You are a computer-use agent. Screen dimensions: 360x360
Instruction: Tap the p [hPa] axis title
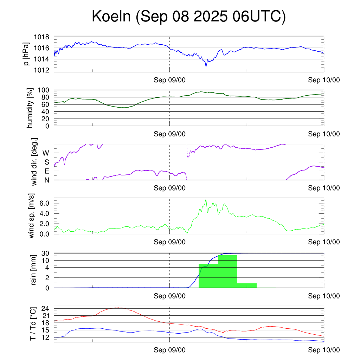pos(27,54)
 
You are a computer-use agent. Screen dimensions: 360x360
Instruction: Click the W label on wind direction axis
pos(46,153)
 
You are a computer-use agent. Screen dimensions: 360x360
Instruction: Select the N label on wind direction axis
pos(46,180)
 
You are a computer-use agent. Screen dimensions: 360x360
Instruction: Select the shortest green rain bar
pos(247,285)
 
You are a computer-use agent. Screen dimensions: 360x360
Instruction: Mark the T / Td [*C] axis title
pos(32,323)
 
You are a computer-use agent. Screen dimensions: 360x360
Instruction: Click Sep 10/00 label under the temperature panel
pos(324,350)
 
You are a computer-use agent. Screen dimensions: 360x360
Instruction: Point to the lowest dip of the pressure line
pos(206,66)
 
